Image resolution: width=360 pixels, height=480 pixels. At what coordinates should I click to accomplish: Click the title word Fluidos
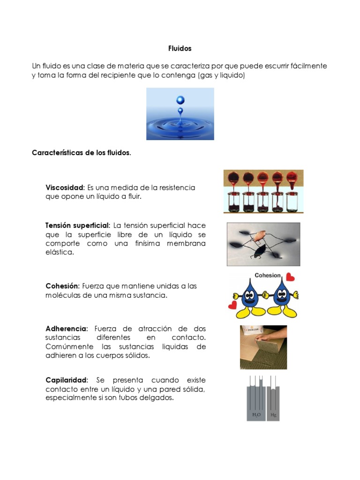pyautogui.click(x=180, y=48)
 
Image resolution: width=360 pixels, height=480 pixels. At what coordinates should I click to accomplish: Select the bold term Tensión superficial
pyautogui.click(x=77, y=225)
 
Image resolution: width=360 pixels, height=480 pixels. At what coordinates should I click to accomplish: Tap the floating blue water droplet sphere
pyautogui.click(x=180, y=100)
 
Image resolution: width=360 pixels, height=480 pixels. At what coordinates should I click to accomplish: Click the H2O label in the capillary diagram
pyautogui.click(x=256, y=415)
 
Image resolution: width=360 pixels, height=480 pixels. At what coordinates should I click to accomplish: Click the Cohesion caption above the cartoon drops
pyautogui.click(x=267, y=276)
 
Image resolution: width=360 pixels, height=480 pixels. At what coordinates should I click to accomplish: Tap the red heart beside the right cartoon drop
pyautogui.click(x=291, y=277)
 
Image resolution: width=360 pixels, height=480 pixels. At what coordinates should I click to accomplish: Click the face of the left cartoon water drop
pyautogui.click(x=250, y=295)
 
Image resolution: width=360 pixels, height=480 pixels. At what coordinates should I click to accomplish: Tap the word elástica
pyautogui.click(x=60, y=252)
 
